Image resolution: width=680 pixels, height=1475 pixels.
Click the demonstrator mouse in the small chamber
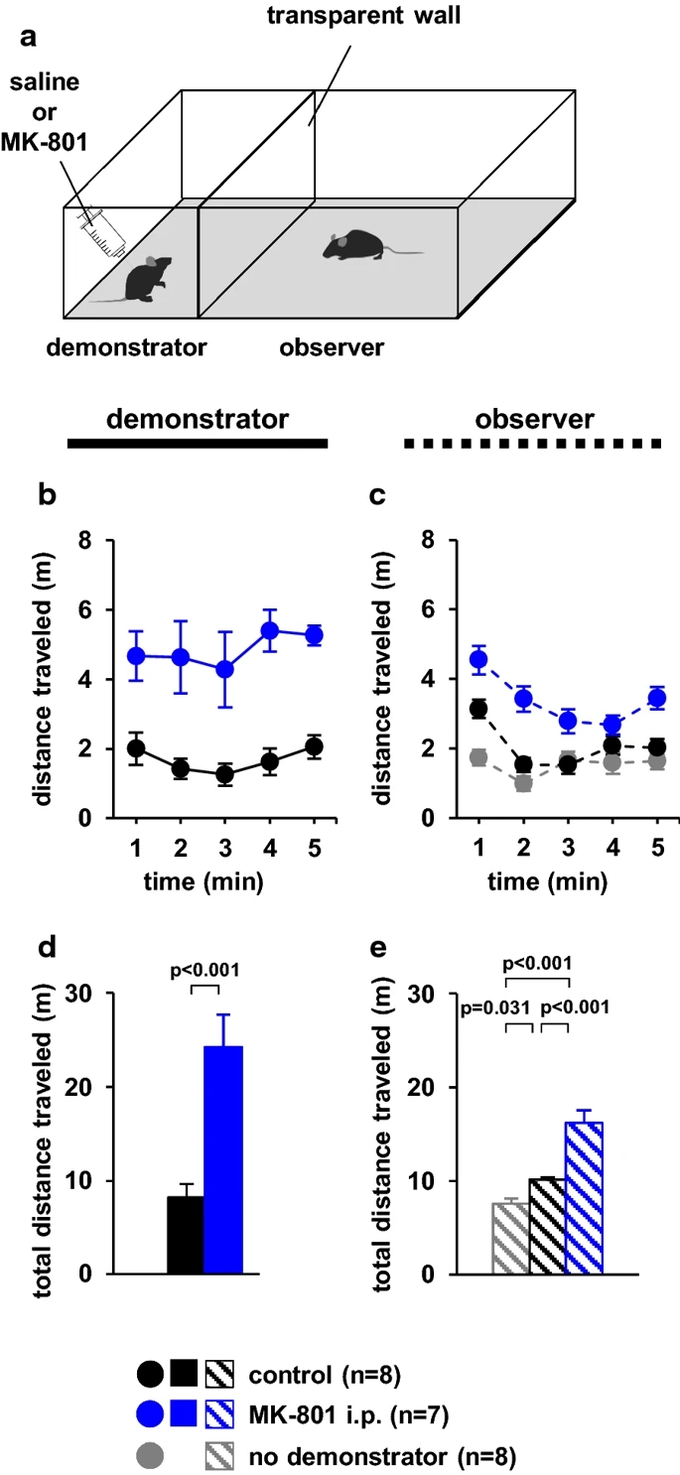[148, 279]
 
